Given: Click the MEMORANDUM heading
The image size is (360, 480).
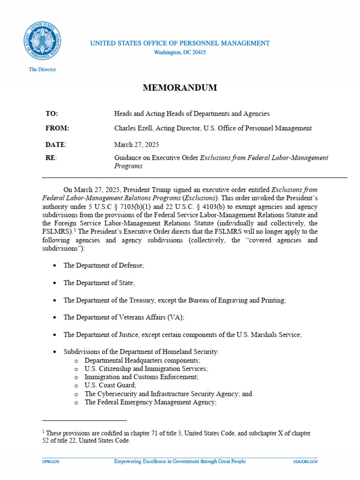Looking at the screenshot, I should (180, 88).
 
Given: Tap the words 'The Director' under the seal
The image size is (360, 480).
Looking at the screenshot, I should (42, 69).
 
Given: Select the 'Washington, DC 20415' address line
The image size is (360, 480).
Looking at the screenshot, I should (180, 52).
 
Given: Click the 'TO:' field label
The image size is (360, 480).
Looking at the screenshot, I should (52, 113).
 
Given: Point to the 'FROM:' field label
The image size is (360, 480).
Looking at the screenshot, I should (57, 128).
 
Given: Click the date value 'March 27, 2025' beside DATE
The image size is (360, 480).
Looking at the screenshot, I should (134, 144).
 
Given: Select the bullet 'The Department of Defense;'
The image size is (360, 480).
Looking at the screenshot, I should (104, 265).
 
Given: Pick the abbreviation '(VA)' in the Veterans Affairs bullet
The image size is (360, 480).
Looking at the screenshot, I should (175, 317).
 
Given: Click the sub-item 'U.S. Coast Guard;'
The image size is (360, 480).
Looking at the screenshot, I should (110, 385).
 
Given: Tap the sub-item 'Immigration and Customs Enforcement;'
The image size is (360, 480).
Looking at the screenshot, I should (141, 377).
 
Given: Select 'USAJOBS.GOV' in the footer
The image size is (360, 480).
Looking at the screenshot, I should (305, 462).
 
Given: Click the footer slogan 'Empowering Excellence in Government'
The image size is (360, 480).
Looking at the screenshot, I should (180, 462).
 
